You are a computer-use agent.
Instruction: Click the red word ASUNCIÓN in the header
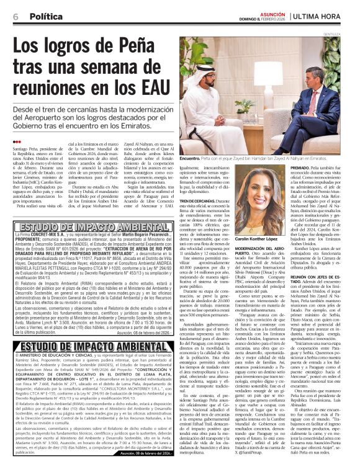281,11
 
